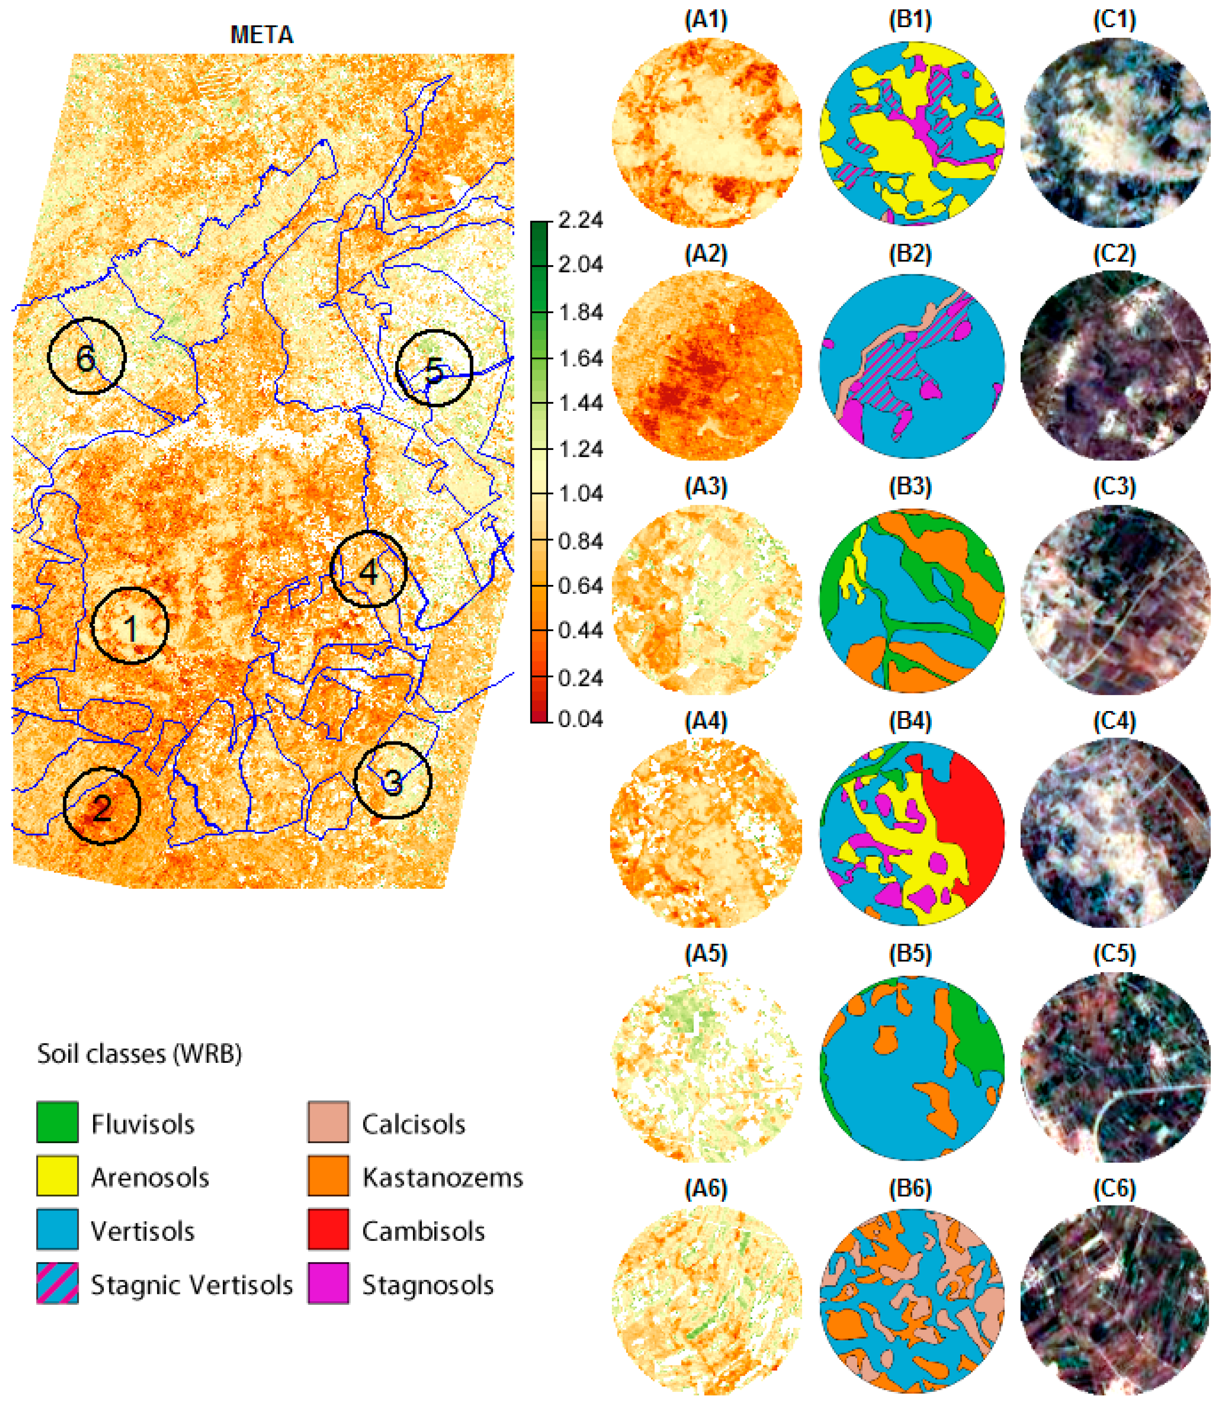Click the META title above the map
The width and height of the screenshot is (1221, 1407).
tap(262, 35)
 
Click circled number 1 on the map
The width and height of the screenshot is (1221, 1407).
tap(129, 626)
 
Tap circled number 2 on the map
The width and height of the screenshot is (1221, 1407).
tap(101, 808)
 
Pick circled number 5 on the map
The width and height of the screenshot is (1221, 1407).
tap(434, 370)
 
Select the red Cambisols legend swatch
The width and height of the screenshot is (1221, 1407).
tap(328, 1230)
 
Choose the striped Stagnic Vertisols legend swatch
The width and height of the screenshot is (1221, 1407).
tap(57, 1283)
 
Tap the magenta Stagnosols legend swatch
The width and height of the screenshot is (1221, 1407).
tap(328, 1283)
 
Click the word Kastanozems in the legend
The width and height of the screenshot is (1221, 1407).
tap(442, 1177)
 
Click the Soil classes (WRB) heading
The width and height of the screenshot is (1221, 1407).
tap(139, 1054)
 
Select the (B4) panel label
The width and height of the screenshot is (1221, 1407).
tap(909, 721)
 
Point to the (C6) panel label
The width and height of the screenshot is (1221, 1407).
tap(1114, 1188)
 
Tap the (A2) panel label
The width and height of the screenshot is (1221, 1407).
tap(706, 254)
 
